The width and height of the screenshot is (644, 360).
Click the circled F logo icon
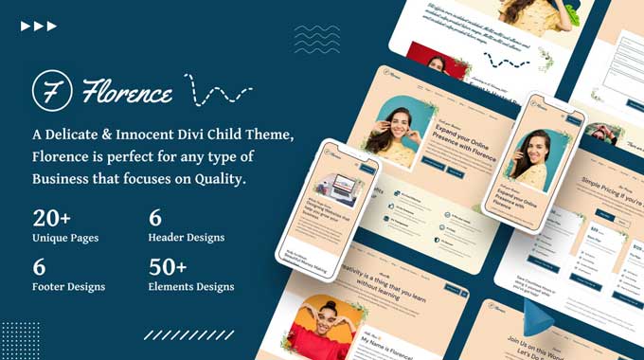coord(50,92)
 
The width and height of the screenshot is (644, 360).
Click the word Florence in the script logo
coord(127,93)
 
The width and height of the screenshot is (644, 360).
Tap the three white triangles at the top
coord(39,26)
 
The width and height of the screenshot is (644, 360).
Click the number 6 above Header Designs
coord(155,218)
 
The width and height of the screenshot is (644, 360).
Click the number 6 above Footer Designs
coord(39,266)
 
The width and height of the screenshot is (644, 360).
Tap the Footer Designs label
coord(68,286)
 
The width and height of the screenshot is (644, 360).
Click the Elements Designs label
coord(191,286)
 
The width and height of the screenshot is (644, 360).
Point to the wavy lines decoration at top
coord(316,39)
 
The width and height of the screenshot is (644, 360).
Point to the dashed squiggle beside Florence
coord(218,92)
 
